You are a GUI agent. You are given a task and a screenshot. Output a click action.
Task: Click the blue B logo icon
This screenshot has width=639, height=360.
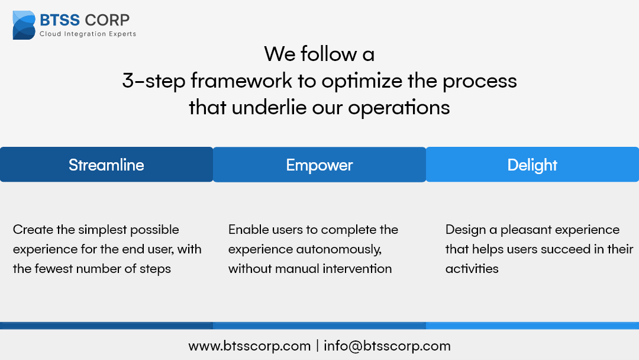(x=24, y=25)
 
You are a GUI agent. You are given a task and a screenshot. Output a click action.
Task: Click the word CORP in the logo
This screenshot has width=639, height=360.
(x=107, y=20)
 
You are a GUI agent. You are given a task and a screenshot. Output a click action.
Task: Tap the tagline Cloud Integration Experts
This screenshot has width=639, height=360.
(x=88, y=34)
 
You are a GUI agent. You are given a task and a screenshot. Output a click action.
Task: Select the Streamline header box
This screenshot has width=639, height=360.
(x=106, y=164)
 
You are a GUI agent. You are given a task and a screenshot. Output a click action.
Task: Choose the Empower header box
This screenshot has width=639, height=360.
(x=319, y=164)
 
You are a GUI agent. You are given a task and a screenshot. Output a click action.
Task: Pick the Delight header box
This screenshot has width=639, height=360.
(x=532, y=164)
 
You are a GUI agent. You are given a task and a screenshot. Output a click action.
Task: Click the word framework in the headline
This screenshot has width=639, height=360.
(x=241, y=81)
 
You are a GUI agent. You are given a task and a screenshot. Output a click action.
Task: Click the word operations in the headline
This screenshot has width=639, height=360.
(x=399, y=108)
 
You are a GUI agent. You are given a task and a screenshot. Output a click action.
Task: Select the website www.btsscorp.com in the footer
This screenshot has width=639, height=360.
(x=250, y=346)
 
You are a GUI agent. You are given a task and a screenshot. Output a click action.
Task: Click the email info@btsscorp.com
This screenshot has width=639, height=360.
(x=387, y=346)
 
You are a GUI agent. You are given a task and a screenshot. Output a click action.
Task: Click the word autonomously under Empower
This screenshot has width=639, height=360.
(x=338, y=249)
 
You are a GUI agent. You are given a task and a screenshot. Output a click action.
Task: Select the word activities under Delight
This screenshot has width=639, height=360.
(x=472, y=269)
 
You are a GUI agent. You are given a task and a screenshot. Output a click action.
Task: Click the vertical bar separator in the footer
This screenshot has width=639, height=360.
(x=318, y=346)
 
